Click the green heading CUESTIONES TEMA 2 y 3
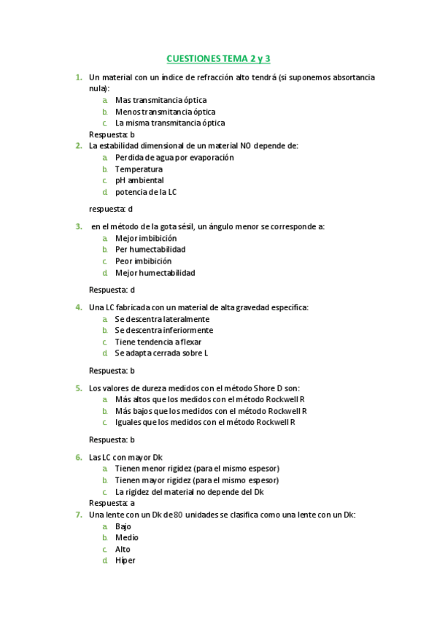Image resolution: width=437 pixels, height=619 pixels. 218,58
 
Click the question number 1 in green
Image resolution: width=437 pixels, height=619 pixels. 78,77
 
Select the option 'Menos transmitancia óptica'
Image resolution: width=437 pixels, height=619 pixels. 165,112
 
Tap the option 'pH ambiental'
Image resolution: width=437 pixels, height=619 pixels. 139,180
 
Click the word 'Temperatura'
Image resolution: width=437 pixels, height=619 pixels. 139,169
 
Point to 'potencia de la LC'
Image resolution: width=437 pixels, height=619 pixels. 146,192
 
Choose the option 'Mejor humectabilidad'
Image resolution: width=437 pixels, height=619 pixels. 155,273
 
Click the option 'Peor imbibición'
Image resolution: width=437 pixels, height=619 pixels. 144,261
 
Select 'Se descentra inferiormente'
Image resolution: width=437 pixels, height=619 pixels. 164,330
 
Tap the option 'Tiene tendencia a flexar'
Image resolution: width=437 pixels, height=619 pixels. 158,342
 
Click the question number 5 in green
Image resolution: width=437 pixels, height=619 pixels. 78,388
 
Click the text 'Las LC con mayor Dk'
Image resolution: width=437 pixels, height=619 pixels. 125,457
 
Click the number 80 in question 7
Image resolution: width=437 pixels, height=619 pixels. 178,515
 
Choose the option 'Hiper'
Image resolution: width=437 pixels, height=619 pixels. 125,561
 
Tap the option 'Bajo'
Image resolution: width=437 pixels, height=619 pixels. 123,526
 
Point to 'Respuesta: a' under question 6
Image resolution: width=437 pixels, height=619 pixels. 112,503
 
